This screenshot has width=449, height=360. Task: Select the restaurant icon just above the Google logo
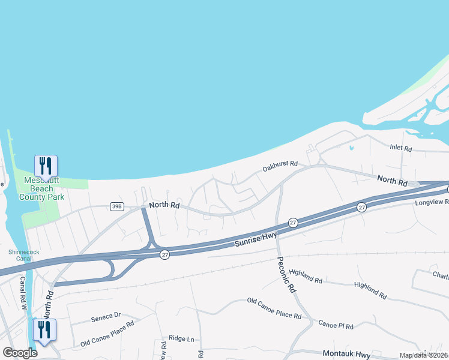[44, 329]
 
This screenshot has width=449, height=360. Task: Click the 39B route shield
[117, 207]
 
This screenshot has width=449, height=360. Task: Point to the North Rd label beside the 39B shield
[164, 205]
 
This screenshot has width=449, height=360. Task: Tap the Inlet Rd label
[400, 148]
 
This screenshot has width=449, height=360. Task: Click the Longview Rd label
[432, 203]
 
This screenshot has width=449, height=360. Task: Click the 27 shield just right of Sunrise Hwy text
[293, 223]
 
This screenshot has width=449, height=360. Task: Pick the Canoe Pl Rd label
[336, 325]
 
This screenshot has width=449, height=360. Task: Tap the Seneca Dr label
[106, 315]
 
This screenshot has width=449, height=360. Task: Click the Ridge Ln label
[181, 339]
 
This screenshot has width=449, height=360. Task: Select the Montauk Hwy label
[349, 354]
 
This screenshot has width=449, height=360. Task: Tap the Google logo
[20, 353]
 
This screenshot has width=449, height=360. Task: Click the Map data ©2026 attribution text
[424, 355]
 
